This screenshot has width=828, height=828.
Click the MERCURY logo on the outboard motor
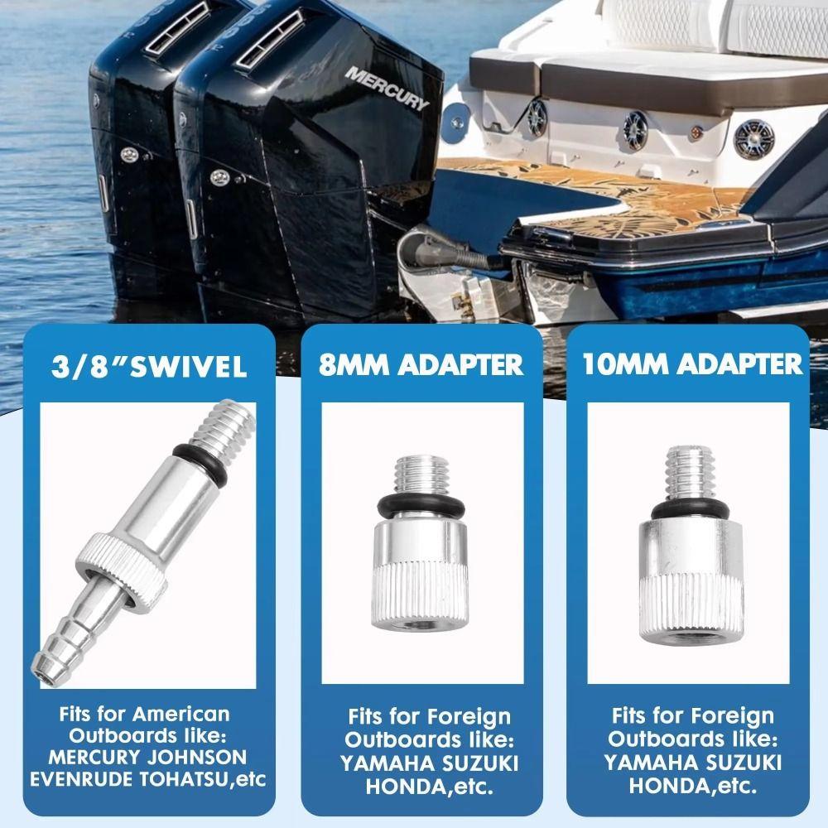[387, 89]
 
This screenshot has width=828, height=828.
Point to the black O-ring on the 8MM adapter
[421, 504]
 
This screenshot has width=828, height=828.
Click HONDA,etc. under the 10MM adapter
[692, 784]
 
